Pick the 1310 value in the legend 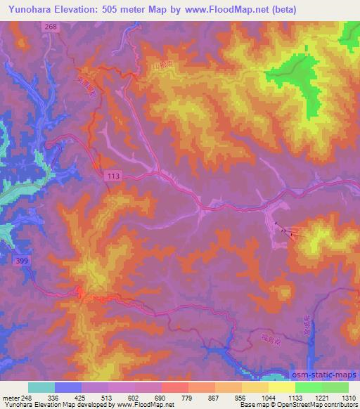tap(348, 396)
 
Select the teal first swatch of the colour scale tap(41, 387)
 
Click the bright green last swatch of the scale tap(335, 387)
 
